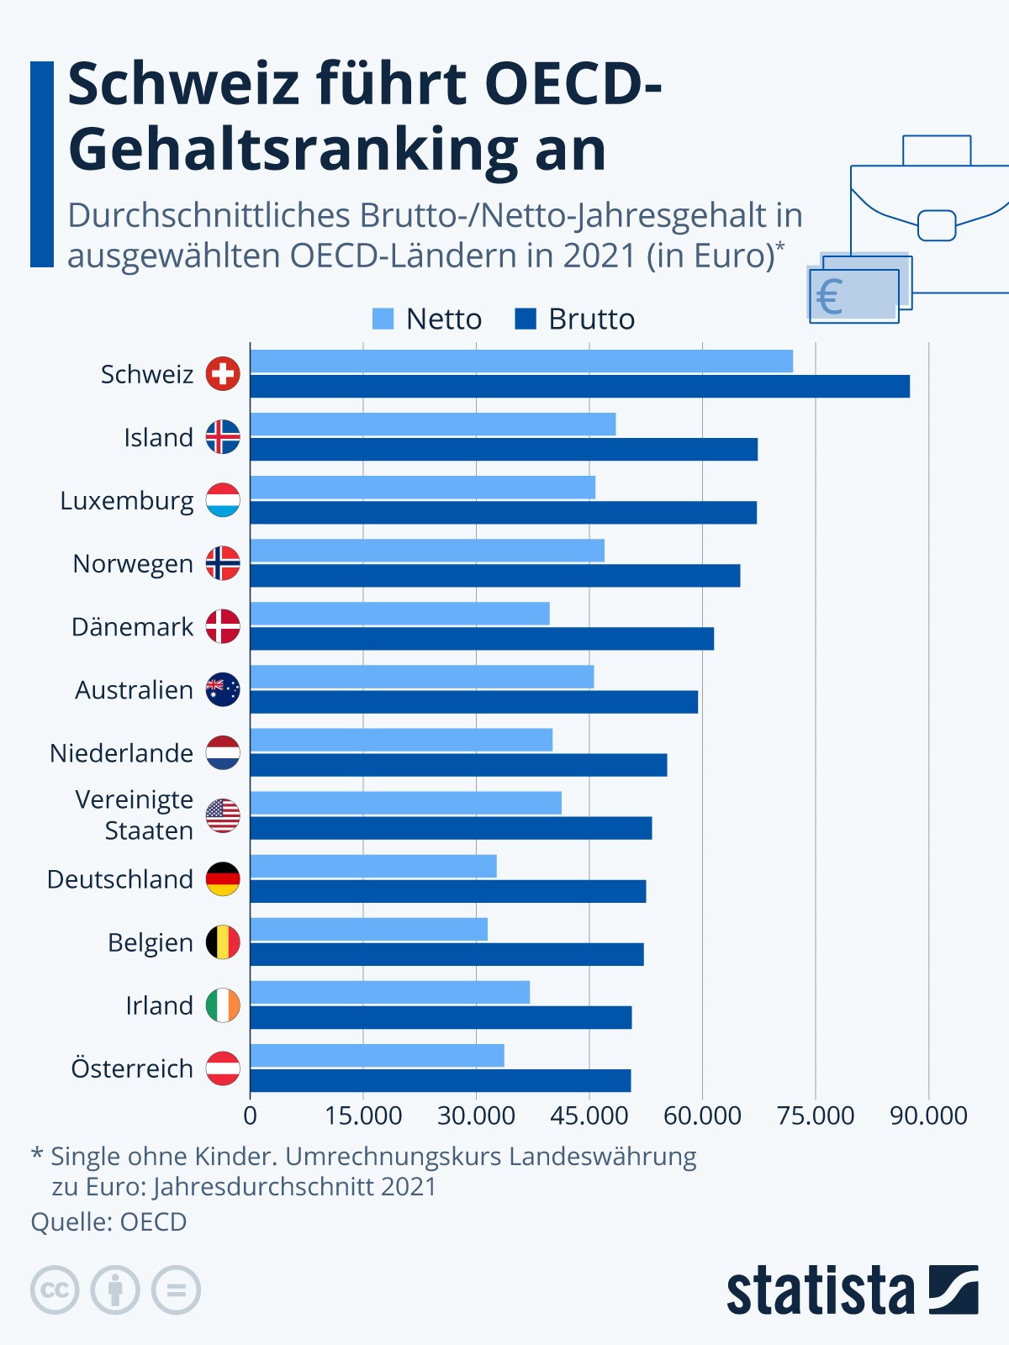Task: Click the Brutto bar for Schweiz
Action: coord(580,387)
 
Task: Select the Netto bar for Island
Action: coord(433,425)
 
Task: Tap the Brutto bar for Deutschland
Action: coord(448,892)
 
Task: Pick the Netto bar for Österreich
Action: coord(378,1056)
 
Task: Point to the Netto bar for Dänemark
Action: coord(400,614)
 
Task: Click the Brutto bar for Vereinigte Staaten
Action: coord(452,829)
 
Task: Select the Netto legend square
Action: coord(383,319)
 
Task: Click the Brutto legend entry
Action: coord(575,319)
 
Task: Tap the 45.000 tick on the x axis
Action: coord(589,1116)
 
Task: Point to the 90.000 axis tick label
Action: coord(928,1116)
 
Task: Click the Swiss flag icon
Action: coord(223,374)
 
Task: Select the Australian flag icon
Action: coord(223,689)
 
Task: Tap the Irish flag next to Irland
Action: coord(223,1005)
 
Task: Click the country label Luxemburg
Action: coord(127,501)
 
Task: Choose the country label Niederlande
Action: coord(122,753)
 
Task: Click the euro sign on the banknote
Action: coord(830,297)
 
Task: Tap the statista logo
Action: coord(852,1290)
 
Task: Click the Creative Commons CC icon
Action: coord(55,1290)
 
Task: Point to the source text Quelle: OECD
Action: coord(109,1221)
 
